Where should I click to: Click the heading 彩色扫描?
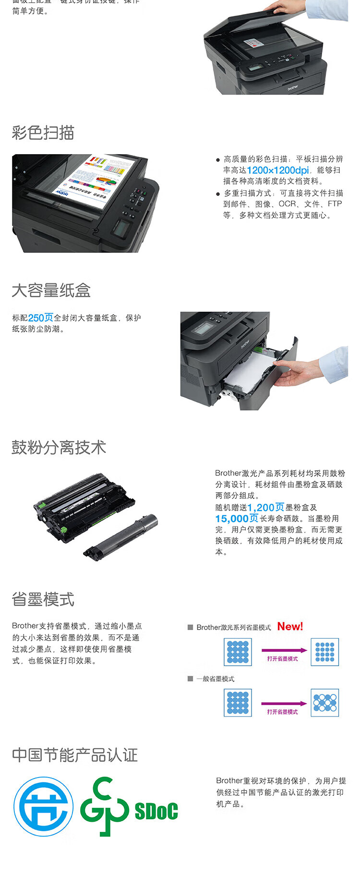pos(43,133)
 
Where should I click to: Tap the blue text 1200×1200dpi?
pos(278,170)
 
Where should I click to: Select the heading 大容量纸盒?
pos(51,291)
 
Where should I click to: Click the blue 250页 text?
pos(41,318)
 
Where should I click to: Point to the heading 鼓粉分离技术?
pos(59,448)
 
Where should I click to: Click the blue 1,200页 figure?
pos(265,508)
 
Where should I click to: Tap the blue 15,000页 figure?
pos(237,519)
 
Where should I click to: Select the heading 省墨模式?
pos(43,599)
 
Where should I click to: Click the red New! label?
pos(290,626)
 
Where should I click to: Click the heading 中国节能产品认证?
pos(75,755)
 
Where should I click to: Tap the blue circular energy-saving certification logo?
pos(43,806)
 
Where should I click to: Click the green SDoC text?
pos(156,811)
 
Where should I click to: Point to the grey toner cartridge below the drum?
pos(122,536)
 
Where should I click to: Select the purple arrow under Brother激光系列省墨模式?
pos(283,650)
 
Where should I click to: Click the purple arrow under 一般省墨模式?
pos(283,704)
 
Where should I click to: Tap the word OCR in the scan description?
pos(287,204)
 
